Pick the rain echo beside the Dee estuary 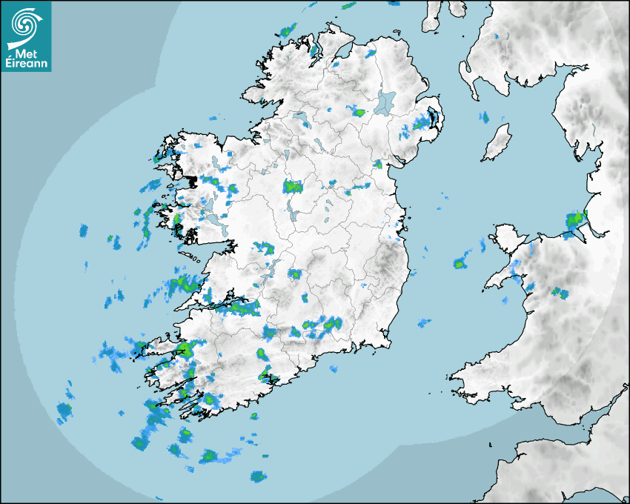[575, 219]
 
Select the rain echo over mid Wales [560, 293]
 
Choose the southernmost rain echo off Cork [257, 476]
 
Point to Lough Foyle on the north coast [342, 53]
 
